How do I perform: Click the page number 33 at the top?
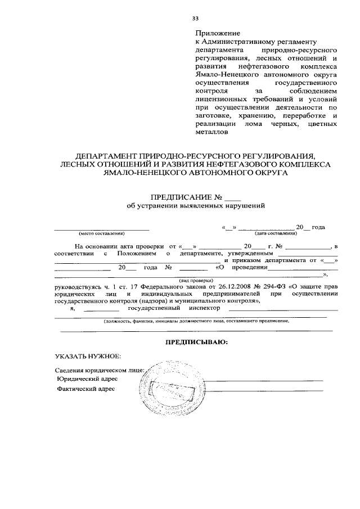[x=195, y=19]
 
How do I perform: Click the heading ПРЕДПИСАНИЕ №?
[x=186, y=198]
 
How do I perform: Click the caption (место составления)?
[x=101, y=233]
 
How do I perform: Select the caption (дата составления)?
[x=276, y=233]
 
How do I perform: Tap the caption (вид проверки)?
[x=196, y=280]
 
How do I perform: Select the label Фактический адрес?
[x=87, y=389]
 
